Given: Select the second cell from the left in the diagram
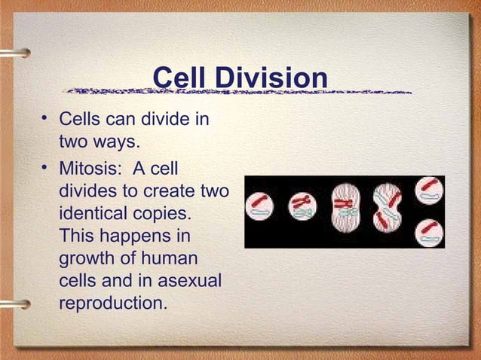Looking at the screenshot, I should pyautogui.click(x=302, y=206).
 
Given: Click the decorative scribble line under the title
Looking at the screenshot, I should pyautogui.click(x=237, y=93).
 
